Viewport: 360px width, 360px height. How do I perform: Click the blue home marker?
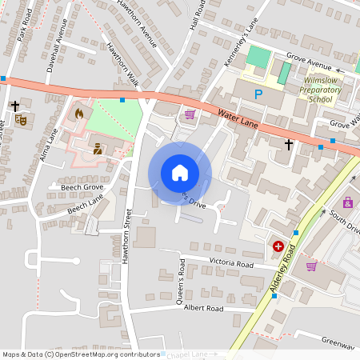180,173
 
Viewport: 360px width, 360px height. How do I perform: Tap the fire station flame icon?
78,114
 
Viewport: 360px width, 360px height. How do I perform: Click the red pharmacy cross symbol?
278,247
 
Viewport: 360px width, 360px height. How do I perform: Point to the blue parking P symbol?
258,95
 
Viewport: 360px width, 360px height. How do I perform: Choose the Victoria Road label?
231,264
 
